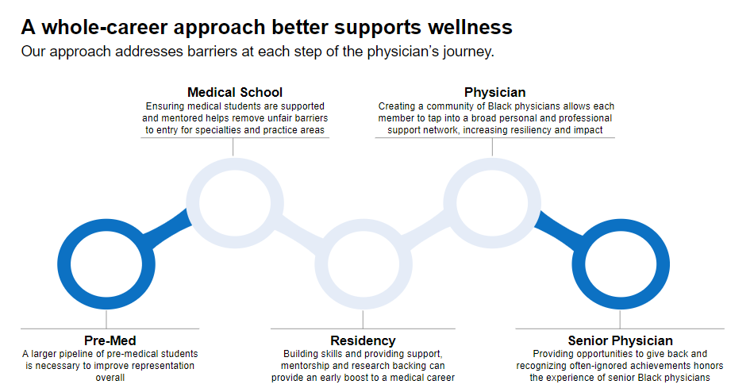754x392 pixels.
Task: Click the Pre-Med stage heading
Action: click(110, 340)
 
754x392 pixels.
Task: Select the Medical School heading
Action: click(234, 93)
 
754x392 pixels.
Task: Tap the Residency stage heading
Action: click(363, 340)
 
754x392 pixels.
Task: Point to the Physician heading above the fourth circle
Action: click(494, 93)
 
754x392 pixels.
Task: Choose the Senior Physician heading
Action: click(620, 340)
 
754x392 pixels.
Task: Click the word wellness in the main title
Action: click(471, 27)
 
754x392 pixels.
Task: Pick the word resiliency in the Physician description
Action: click(533, 129)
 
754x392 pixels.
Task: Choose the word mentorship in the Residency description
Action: click(309, 366)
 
